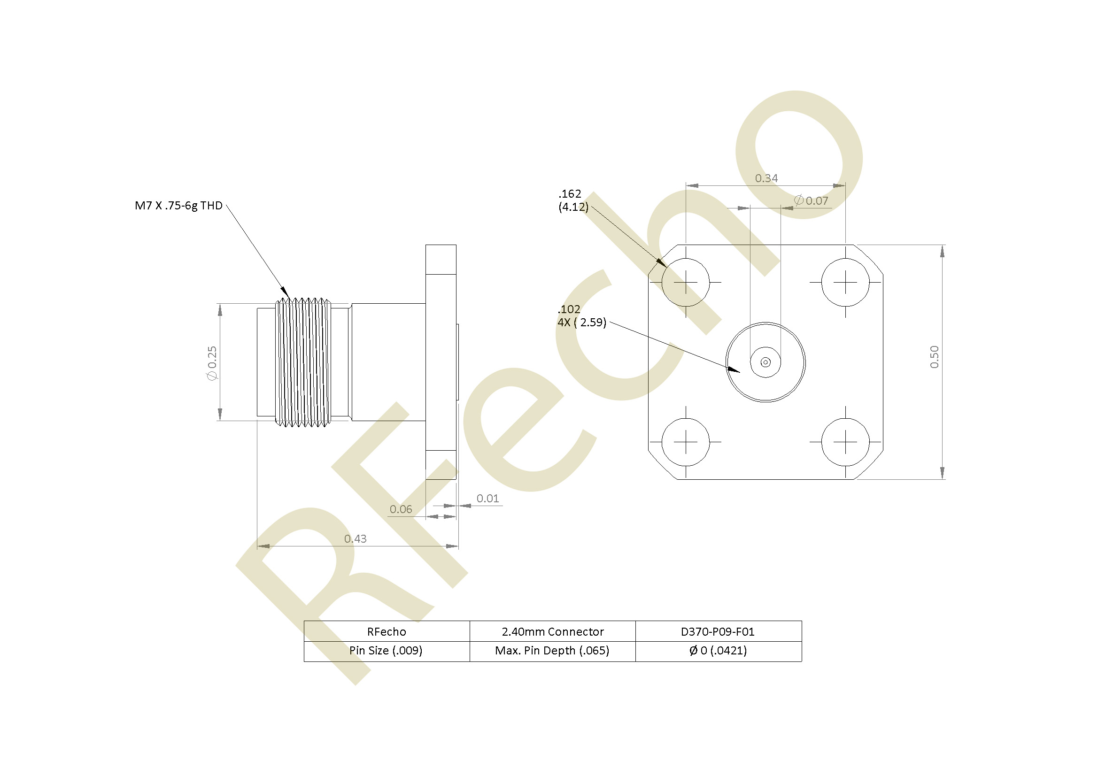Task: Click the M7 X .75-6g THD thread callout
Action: pos(178,206)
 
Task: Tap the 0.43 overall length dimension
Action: pos(356,539)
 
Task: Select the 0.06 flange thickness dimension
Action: pos(401,509)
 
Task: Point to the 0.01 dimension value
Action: pos(488,498)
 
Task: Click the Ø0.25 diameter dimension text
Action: pos(212,363)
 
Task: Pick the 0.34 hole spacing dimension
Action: pos(766,178)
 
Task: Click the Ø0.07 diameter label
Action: pos(811,200)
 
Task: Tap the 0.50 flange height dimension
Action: pos(935,357)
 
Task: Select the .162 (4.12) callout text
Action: pos(573,200)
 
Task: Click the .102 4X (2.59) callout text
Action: pos(581,316)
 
